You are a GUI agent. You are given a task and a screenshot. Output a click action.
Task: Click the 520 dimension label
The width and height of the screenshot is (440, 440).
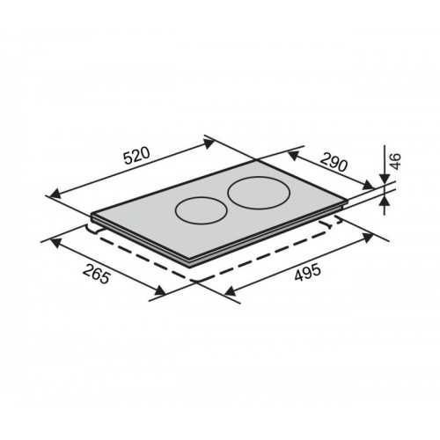click(136, 155)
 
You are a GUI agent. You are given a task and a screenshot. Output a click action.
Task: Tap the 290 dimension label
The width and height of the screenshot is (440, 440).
click(334, 162)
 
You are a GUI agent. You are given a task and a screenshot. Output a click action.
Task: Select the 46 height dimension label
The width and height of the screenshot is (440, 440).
click(395, 161)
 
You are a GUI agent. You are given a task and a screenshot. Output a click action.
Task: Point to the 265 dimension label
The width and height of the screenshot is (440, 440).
click(97, 274)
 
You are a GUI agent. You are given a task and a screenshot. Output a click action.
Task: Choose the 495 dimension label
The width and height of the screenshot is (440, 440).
click(307, 273)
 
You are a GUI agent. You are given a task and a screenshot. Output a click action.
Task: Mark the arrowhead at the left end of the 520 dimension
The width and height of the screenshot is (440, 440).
click(55, 194)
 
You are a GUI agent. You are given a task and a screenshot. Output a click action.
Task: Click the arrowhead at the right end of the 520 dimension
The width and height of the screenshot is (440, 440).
click(209, 143)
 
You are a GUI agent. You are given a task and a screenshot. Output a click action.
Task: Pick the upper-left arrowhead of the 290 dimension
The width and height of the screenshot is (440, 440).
click(293, 155)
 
